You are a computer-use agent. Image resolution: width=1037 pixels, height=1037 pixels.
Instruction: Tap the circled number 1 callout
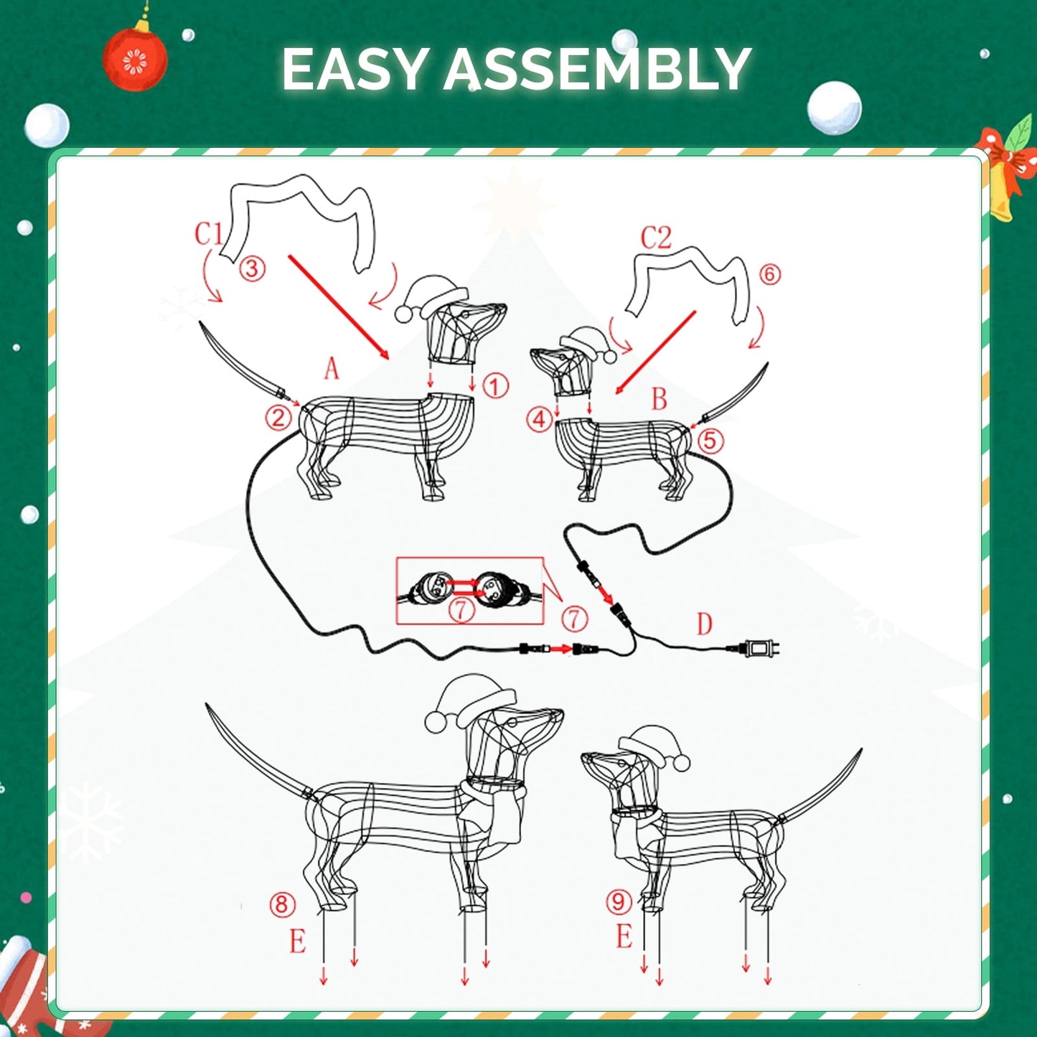coord(495,386)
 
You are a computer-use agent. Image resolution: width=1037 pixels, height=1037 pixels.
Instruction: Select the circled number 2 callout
coord(278,417)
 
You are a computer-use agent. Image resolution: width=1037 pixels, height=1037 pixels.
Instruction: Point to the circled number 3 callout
coord(252,268)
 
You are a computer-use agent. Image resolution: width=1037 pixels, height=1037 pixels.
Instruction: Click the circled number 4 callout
coord(540,419)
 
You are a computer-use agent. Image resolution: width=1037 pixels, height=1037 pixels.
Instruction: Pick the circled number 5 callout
coord(710,440)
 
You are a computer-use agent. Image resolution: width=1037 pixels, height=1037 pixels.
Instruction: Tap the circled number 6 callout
coord(769,273)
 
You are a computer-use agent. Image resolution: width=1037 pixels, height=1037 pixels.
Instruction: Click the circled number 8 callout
coord(282,904)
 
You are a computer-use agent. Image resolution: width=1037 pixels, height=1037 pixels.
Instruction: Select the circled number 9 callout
coord(619,901)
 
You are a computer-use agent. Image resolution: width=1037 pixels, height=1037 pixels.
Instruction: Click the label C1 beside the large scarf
coord(209,233)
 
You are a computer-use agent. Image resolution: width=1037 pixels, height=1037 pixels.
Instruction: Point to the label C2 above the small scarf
coord(656,238)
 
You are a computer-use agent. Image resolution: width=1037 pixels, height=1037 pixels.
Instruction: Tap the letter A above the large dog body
coord(331,369)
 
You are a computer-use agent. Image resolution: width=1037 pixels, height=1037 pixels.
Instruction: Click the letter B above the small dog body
coord(659,399)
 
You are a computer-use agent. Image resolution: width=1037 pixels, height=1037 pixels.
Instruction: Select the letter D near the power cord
coord(704,624)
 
